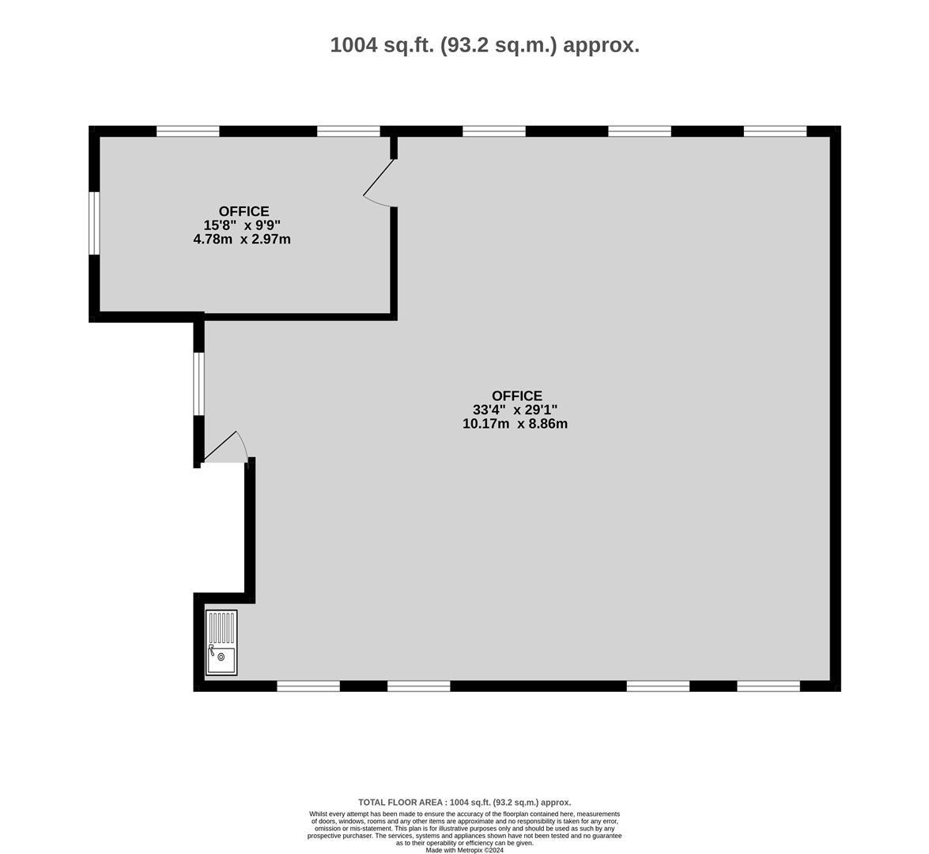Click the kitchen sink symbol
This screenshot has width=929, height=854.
tap(221, 643)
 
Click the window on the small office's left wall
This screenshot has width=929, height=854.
tap(94, 223)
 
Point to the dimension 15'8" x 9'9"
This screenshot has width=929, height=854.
tap(242, 225)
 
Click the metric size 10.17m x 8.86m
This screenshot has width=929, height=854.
tap(515, 424)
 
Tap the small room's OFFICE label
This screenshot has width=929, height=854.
tap(244, 211)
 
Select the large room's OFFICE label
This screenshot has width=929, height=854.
tap(516, 395)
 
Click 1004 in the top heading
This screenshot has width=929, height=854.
tap(353, 45)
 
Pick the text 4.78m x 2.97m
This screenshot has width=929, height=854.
tap(242, 240)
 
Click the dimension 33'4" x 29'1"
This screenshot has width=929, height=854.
tap(515, 410)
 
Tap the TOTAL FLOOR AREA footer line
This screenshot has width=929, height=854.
tap(465, 803)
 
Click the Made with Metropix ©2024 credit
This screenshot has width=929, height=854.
tap(465, 850)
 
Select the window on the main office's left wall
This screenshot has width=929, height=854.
tap(199, 384)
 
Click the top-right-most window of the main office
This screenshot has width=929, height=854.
tap(775, 131)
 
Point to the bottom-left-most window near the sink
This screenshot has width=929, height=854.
tap(308, 686)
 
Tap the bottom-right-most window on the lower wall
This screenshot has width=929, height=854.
tap(769, 686)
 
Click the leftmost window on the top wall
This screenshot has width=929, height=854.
tap(188, 131)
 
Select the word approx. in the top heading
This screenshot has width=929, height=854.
tap(601, 46)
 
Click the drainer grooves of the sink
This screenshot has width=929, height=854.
tap(222, 628)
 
